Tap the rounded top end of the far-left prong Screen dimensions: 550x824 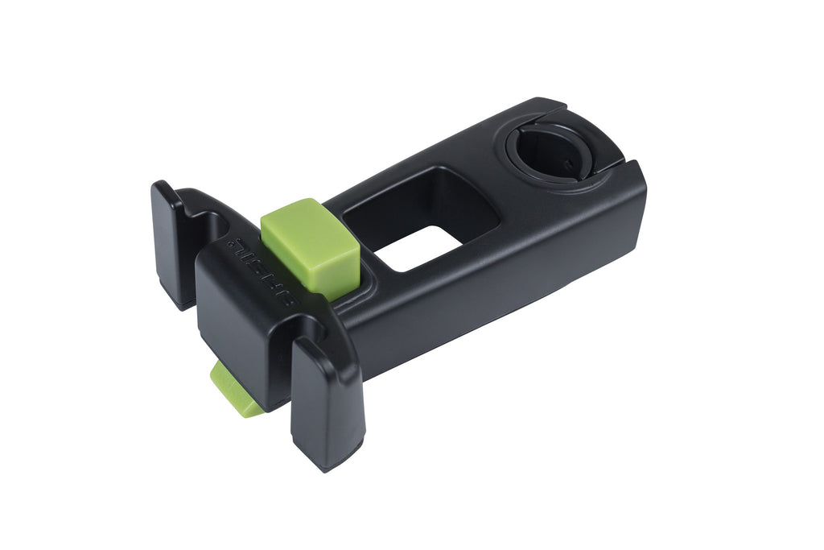163,193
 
